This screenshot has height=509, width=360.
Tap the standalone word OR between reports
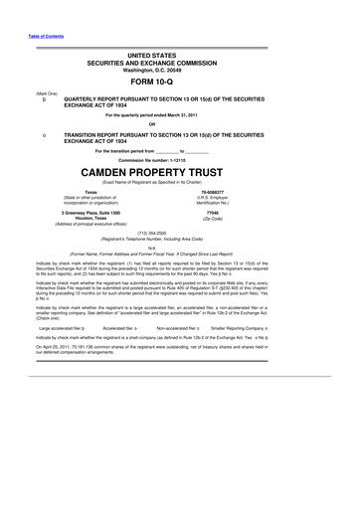click(x=179, y=123)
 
